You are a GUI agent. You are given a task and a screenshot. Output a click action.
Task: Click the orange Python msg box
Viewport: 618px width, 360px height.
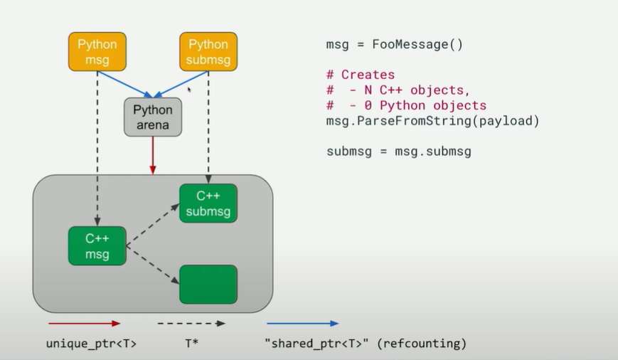[97, 51]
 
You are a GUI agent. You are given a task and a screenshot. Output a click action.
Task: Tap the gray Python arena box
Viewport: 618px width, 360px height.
[152, 117]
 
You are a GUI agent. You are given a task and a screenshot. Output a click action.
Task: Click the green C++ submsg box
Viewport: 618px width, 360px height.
[208, 203]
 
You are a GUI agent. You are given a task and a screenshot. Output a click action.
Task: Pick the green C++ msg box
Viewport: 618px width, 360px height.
[97, 245]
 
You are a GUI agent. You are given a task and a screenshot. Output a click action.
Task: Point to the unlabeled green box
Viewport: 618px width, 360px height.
[208, 285]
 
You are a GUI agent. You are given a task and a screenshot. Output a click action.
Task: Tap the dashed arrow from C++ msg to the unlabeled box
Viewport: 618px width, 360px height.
[152, 265]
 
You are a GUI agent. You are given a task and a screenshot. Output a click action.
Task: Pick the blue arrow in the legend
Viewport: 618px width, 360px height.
[302, 323]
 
